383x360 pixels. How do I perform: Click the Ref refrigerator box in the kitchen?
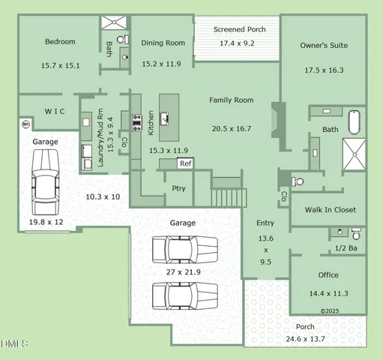coord(185,163)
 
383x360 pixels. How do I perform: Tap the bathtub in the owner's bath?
coord(355,122)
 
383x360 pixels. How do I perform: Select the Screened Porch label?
coord(239,29)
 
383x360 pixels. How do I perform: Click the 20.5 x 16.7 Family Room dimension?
coord(232,129)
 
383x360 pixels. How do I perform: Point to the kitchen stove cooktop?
coord(136,123)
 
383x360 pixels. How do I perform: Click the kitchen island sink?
coord(165,119)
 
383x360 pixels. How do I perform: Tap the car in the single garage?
coord(46,182)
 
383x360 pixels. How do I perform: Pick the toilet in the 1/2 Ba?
coord(356,233)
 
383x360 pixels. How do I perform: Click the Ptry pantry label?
coord(178,188)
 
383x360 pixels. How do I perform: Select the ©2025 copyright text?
coord(330,311)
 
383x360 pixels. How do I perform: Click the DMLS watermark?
coord(14,343)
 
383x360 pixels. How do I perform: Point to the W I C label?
coord(55,111)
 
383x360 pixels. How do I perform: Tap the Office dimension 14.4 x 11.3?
coord(328,293)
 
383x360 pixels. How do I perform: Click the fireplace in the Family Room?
coord(279,120)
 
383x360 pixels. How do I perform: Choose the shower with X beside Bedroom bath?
coord(114,22)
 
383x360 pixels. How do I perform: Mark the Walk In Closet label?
coord(331,209)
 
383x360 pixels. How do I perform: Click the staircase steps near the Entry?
coord(229,197)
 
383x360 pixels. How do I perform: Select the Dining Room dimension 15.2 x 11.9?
coord(161,64)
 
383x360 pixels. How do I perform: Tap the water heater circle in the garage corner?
coord(26,124)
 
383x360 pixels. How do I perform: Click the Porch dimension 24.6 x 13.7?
coord(305,339)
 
